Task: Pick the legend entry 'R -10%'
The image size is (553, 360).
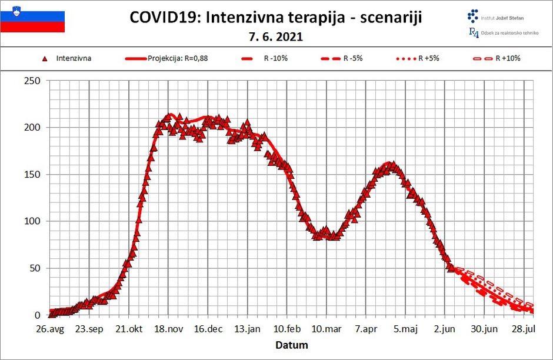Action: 270,58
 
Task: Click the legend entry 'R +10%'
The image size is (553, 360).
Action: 508,58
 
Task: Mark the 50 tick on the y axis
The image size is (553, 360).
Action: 34,269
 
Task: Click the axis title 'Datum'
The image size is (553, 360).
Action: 292,345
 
